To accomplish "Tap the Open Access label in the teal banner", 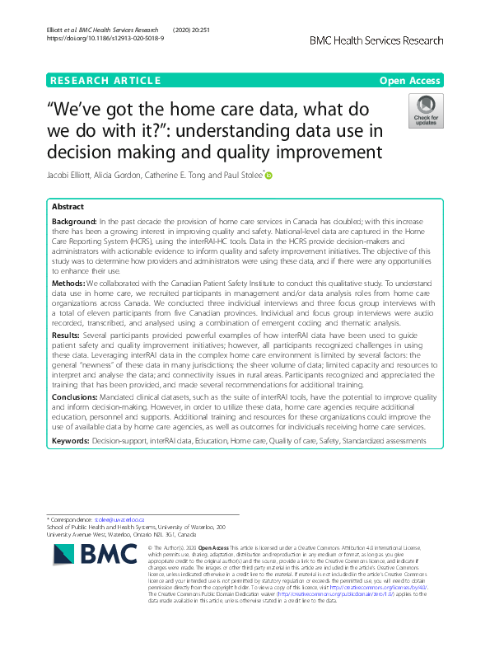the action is tap(411, 80).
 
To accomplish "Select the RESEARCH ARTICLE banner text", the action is tap(105, 80).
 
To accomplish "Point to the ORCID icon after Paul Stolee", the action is tap(268, 175).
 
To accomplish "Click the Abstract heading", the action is tap(68, 207).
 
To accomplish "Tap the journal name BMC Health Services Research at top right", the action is tap(376, 40).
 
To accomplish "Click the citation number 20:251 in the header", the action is tap(202, 30).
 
